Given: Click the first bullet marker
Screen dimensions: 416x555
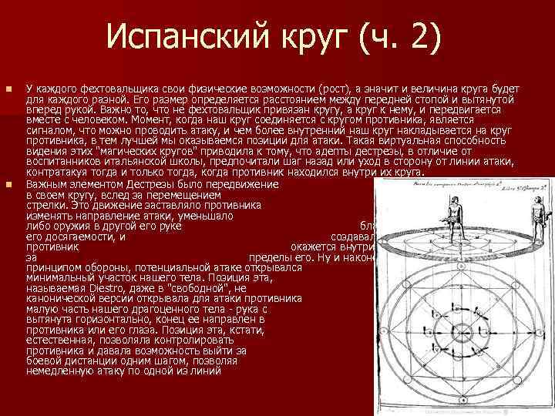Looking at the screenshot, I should pos(8,91).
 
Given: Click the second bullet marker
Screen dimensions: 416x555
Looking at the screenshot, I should pos(8,186).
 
